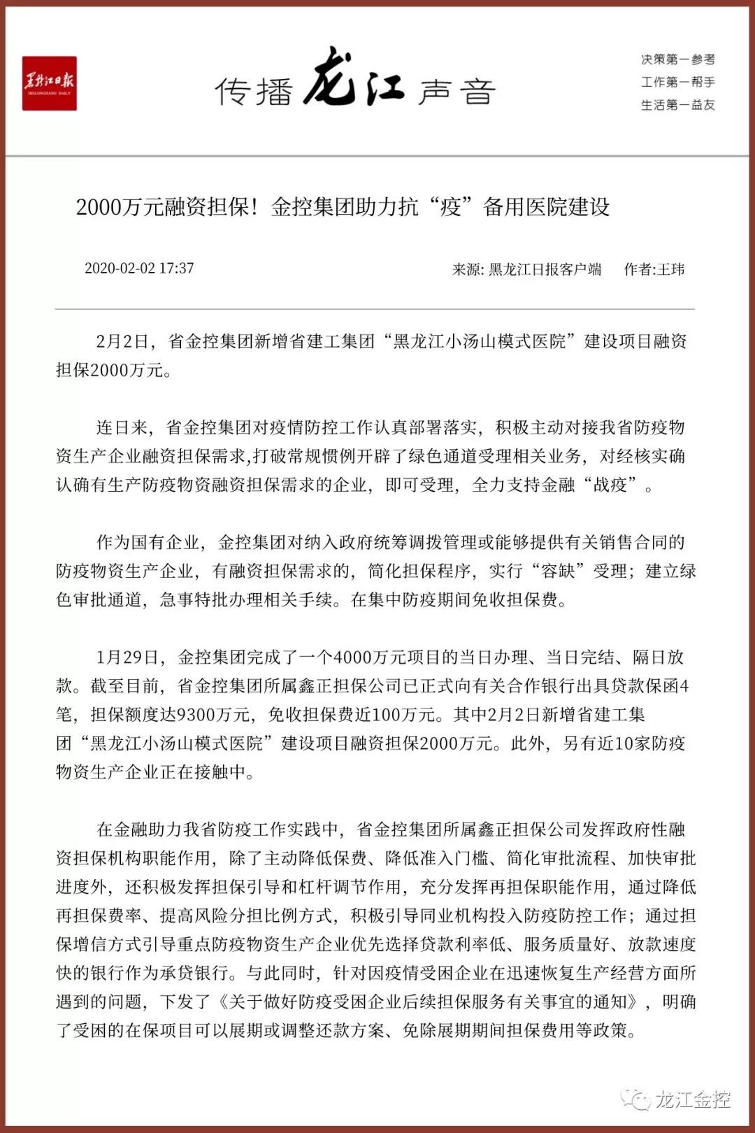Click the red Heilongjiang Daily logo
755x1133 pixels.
[x=49, y=83]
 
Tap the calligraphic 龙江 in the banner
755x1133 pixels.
[x=354, y=78]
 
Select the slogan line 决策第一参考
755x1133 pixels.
[x=677, y=59]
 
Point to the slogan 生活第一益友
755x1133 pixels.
[x=677, y=105]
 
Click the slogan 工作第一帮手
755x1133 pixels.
[x=677, y=83]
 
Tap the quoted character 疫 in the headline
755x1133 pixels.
[x=450, y=207]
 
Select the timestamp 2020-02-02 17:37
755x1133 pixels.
[x=139, y=269]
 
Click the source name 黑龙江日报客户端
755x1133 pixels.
[x=545, y=269]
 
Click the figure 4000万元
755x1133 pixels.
[x=368, y=657]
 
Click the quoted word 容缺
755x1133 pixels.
[x=558, y=571]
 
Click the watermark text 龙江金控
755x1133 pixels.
[x=692, y=1099]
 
